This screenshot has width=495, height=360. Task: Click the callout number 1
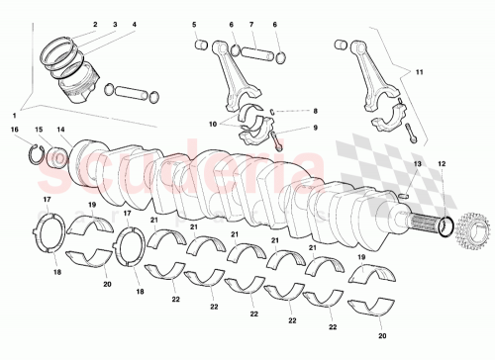[x=15, y=117]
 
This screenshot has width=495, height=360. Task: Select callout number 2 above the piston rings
[x=95, y=24]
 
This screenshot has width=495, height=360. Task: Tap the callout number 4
[x=134, y=24]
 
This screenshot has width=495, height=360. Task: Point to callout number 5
[x=194, y=24]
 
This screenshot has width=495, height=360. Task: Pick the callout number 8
[x=316, y=112]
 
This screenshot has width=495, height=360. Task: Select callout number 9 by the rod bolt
[x=316, y=128]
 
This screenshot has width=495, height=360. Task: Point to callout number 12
[x=442, y=163]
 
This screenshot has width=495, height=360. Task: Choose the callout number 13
[x=417, y=163]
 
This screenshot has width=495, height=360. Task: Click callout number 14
[x=60, y=130]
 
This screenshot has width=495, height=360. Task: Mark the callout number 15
[x=39, y=130]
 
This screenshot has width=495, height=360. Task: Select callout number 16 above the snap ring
[x=15, y=130]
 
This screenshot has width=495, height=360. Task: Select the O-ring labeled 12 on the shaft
[x=445, y=226]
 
